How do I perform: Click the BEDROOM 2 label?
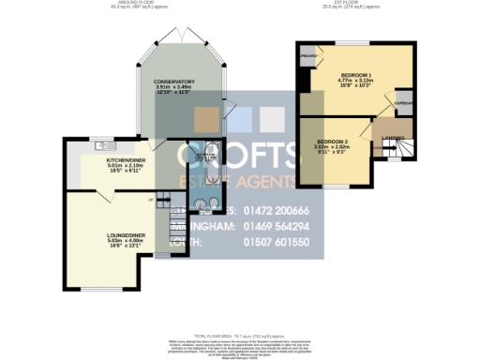point(332,141)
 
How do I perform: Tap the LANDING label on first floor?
point(394,138)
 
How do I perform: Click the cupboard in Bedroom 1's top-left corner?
point(307,57)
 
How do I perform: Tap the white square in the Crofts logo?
point(271,118)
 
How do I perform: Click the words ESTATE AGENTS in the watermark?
point(239,181)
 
